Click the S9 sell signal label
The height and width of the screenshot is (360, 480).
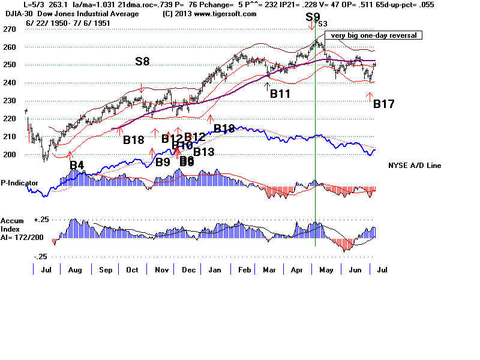[x=313, y=17]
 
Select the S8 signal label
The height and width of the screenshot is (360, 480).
[x=142, y=61]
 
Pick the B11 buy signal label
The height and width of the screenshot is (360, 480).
[x=280, y=94]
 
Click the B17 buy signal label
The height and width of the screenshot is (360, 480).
[x=384, y=104]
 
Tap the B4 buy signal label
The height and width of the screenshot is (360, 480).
[x=77, y=164]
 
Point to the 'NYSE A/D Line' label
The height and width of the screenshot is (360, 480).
[x=415, y=165]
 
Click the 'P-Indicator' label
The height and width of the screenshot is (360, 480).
[x=20, y=182]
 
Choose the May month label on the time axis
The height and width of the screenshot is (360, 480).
[x=326, y=269]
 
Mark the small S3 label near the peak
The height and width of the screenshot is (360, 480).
[x=323, y=24]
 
